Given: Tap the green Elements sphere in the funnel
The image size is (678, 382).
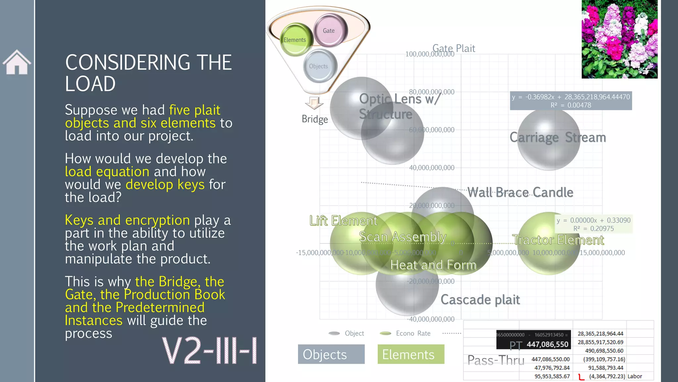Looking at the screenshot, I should pyautogui.click(x=296, y=39).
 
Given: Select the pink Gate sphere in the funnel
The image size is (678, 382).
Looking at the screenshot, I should pyautogui.click(x=330, y=30).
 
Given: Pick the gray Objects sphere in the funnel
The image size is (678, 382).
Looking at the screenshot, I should pyautogui.click(x=319, y=66).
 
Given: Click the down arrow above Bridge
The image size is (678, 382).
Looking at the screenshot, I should pyautogui.click(x=314, y=103).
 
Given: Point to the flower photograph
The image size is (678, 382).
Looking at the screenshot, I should pyautogui.click(x=619, y=39).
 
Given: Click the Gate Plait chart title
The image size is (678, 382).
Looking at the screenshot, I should pyautogui.click(x=454, y=48).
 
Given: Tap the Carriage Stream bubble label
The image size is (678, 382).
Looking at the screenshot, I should pyautogui.click(x=557, y=137).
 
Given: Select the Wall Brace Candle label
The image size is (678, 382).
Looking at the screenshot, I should pyautogui.click(x=520, y=192).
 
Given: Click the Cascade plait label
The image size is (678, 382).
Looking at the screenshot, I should pyautogui.click(x=480, y=300).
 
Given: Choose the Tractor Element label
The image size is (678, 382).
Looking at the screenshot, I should pyautogui.click(x=558, y=240).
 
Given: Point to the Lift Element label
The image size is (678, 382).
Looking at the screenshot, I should pyautogui.click(x=343, y=221).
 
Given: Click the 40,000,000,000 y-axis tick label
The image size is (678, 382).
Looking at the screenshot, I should pyautogui.click(x=432, y=168).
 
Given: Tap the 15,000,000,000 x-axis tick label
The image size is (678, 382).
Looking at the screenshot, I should pyautogui.click(x=602, y=253).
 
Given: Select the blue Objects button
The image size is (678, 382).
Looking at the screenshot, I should pyautogui.click(x=331, y=354).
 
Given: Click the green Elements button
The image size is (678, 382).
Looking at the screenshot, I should pyautogui.click(x=411, y=354).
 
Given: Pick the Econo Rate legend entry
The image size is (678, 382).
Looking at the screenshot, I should pyautogui.click(x=406, y=333).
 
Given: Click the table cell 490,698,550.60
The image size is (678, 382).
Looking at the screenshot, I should pyautogui.click(x=604, y=351).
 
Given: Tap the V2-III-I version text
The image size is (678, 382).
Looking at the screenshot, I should pyautogui.click(x=209, y=350).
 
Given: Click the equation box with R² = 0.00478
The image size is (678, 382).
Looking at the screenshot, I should pyautogui.click(x=571, y=101).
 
